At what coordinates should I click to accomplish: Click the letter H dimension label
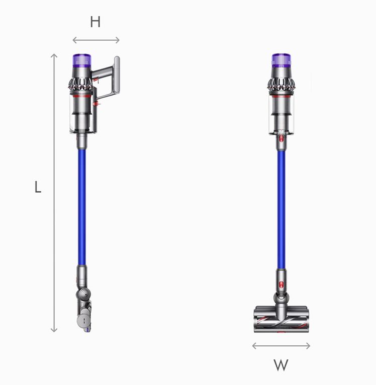[95, 22]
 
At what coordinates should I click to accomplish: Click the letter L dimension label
[38, 187]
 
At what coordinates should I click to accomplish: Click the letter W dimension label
[281, 365]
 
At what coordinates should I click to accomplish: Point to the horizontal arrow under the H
[96, 40]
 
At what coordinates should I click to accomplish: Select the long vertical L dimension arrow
[54, 193]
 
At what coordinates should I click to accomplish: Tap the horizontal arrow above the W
[281, 346]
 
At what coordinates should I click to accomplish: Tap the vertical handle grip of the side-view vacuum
[117, 74]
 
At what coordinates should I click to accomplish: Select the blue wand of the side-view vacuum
[82, 207]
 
